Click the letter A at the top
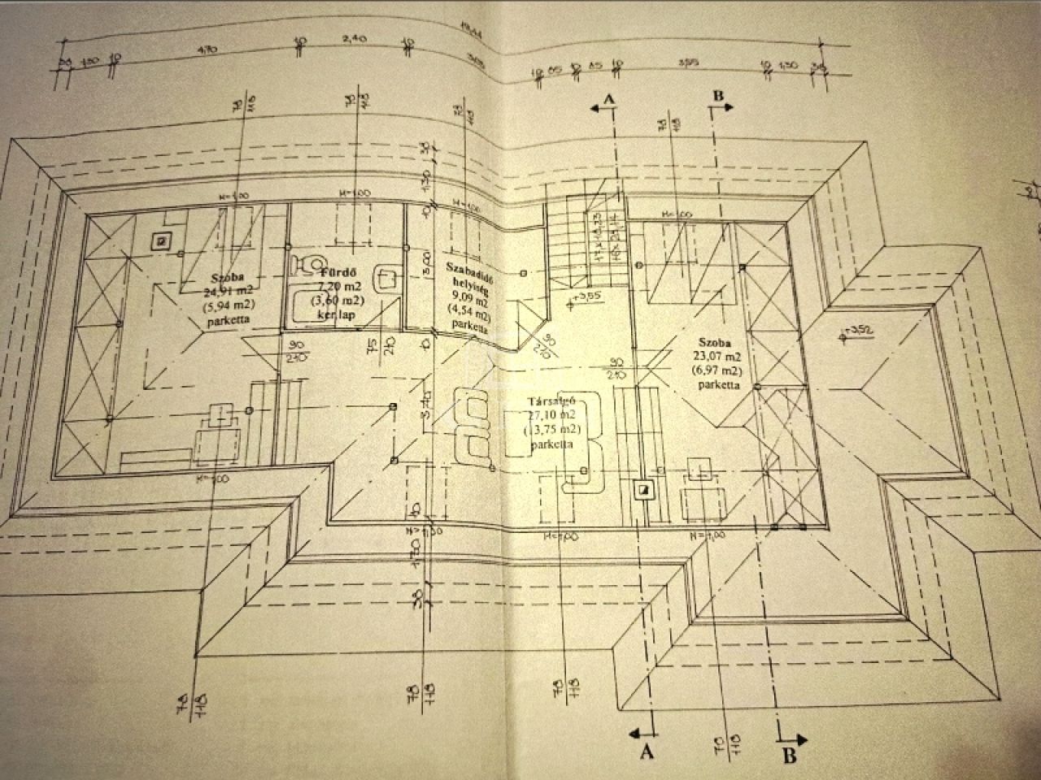607,98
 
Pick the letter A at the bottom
647,752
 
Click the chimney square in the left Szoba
163,240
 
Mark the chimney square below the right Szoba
642,489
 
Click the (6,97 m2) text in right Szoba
717,370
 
